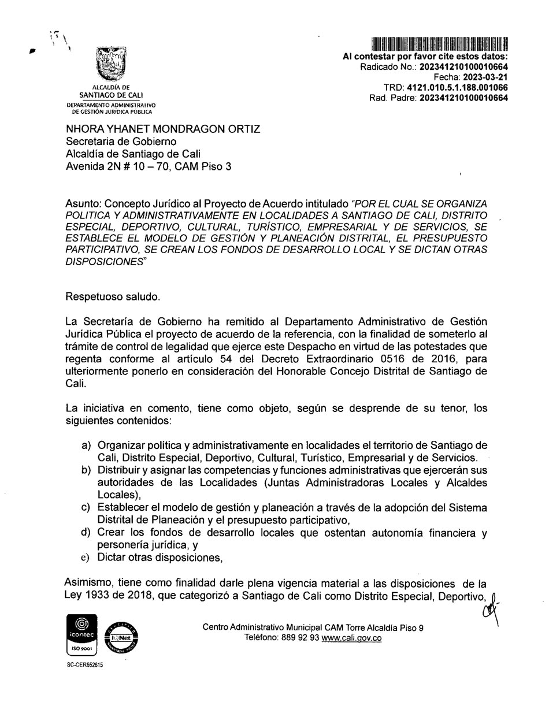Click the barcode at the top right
point(439,44)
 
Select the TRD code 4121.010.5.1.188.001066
point(457,87)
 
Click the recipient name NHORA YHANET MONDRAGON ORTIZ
point(163,129)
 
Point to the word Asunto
point(83,204)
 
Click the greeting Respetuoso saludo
point(113,296)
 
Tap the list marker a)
point(87,445)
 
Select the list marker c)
point(87,507)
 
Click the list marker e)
point(87,558)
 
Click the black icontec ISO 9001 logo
point(82,635)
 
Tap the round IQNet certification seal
point(121,638)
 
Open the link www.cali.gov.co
point(351,638)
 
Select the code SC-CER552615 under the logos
point(85,665)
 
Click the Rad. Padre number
point(463,98)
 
